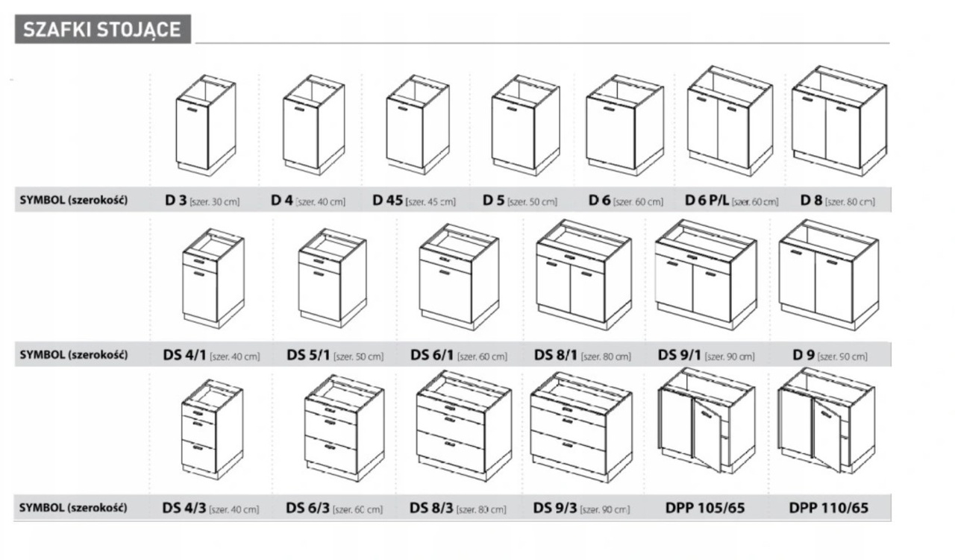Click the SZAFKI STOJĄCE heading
[102, 30]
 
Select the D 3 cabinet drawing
[205, 125]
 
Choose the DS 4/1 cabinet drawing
[213, 279]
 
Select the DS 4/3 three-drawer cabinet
[211, 429]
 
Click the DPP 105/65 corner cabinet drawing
[705, 421]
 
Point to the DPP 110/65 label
[828, 509]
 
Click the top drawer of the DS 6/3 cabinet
[331, 411]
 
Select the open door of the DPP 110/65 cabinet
[826, 436]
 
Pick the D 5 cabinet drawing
[525, 125]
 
